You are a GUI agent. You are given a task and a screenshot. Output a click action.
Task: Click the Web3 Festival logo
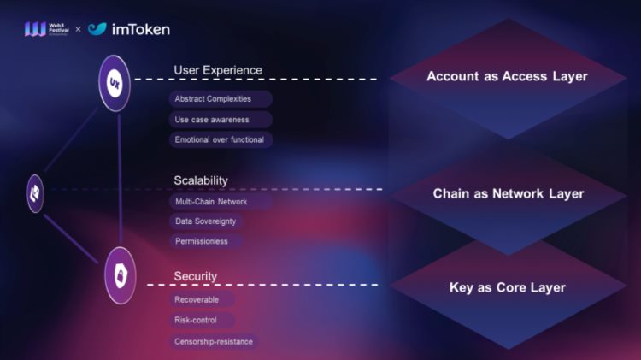pyautogui.click(x=46, y=29)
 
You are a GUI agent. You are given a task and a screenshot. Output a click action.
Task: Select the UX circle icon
pyautogui.click(x=115, y=83)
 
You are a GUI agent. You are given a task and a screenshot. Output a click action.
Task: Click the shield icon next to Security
pyautogui.click(x=121, y=276)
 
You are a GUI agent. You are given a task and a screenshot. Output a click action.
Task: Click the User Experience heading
pyautogui.click(x=218, y=70)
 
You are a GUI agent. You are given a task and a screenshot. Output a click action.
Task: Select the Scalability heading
pyautogui.click(x=201, y=180)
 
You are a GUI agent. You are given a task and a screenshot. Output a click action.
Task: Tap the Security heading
pyautogui.click(x=196, y=276)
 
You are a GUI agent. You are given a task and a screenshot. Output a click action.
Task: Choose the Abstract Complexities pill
pyautogui.click(x=213, y=99)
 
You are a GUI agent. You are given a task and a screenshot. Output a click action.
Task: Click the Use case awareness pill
pyautogui.click(x=212, y=119)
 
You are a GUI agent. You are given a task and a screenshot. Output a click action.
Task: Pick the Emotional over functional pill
pyautogui.click(x=219, y=139)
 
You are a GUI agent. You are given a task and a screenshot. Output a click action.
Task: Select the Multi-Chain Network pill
pyautogui.click(x=210, y=201)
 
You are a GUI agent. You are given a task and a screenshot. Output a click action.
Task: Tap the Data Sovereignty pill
pyautogui.click(x=205, y=221)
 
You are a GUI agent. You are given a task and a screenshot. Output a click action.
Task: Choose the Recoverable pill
pyautogui.click(x=196, y=299)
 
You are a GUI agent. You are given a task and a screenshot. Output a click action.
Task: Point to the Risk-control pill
pyautogui.click(x=195, y=320)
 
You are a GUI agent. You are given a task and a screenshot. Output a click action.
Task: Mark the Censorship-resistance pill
pyautogui.click(x=213, y=341)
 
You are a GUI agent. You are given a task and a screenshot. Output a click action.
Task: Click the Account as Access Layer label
pyautogui.click(x=507, y=77)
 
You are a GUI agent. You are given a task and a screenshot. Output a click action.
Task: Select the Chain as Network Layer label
pyautogui.click(x=509, y=193)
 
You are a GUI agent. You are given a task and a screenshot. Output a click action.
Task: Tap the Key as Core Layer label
pyautogui.click(x=508, y=287)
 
